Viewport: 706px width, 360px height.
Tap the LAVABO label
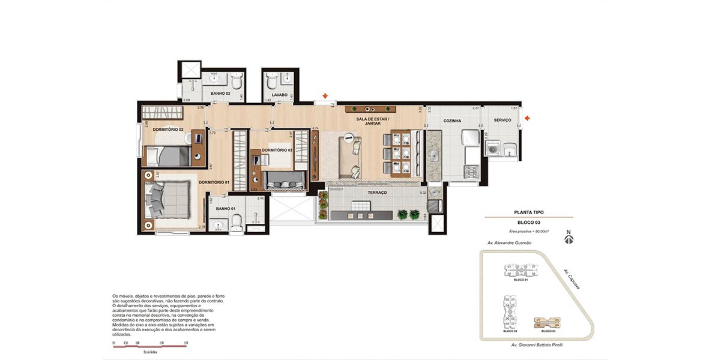[280, 95]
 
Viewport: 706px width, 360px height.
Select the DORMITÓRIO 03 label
[277, 150]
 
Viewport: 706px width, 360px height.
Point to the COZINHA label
[452, 121]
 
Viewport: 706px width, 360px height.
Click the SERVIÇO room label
[502, 120]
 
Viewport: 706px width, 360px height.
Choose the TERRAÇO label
[378, 193]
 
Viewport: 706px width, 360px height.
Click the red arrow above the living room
[325, 96]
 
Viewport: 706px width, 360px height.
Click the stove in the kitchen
[470, 171]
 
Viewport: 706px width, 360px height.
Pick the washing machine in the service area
[494, 148]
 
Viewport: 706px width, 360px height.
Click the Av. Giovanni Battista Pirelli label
[531, 345]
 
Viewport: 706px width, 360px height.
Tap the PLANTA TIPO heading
[529, 212]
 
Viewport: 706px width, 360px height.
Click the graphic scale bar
[149, 344]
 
